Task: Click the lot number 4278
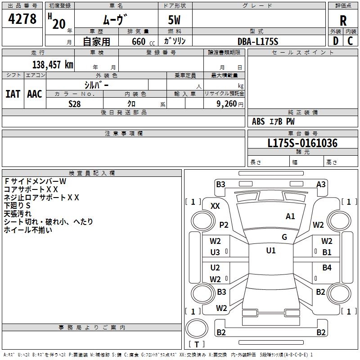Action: [x=22, y=19]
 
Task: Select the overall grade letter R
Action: [x=343, y=21]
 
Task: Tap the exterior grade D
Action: [x=335, y=41]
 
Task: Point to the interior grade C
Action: [x=350, y=41]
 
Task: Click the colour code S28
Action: [x=75, y=103]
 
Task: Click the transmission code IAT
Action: [x=13, y=94]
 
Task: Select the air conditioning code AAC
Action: [x=35, y=94]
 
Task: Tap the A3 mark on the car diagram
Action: [x=321, y=184]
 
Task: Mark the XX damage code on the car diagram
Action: [x=215, y=206]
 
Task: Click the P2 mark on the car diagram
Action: [x=224, y=225]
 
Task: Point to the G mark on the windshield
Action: [x=284, y=237]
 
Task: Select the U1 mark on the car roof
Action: [x=270, y=251]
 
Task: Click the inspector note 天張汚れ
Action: [x=18, y=213]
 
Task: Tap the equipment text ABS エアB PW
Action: [x=274, y=121]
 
